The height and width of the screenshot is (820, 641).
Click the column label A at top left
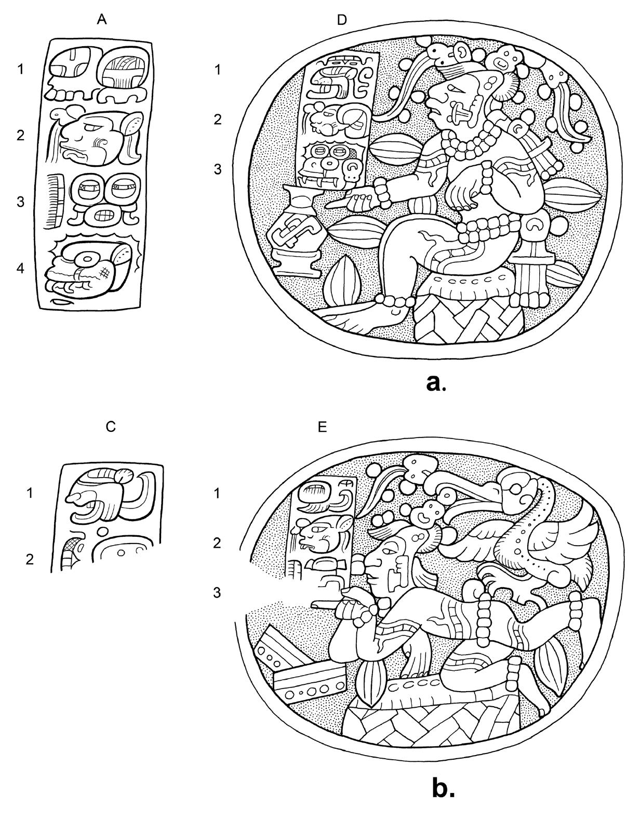point(102,20)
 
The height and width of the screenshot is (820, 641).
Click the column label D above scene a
point(341,20)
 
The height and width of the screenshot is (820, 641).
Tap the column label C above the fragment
point(110,427)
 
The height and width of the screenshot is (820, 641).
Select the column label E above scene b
point(323,427)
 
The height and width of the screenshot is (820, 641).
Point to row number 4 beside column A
point(20,269)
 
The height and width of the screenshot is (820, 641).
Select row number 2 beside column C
point(30,559)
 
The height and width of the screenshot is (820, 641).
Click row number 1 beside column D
point(218,69)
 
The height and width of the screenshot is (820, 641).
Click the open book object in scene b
point(301,670)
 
